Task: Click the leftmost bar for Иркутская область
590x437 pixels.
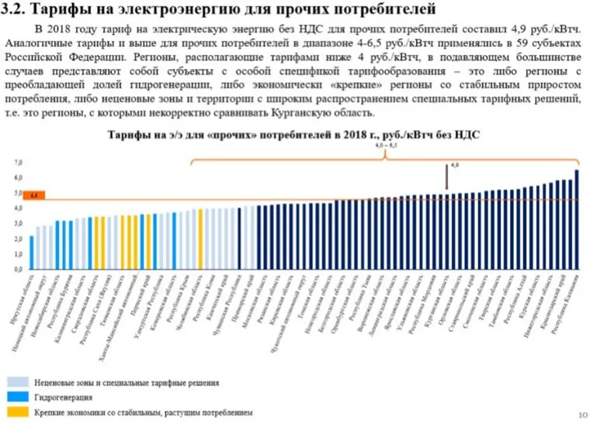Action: [31, 253]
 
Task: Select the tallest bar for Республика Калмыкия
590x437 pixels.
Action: [577, 220]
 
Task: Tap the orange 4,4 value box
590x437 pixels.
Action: [34, 196]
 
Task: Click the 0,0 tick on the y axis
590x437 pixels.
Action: [18, 269]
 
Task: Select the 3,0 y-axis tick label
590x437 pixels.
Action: [18, 224]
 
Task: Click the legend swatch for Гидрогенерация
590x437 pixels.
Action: [19, 397]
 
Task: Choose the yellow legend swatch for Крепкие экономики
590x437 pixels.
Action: [19, 413]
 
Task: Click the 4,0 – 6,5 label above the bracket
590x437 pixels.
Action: [386, 146]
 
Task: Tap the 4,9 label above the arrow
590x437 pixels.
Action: [455, 165]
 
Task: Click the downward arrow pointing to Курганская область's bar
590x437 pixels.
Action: [446, 178]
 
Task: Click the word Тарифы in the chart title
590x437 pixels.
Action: [126, 134]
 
